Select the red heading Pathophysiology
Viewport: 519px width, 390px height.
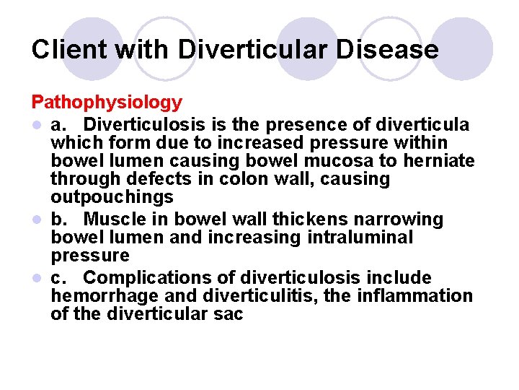[107, 104]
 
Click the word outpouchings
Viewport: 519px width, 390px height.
[112, 197]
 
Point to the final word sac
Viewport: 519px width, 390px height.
[229, 314]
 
